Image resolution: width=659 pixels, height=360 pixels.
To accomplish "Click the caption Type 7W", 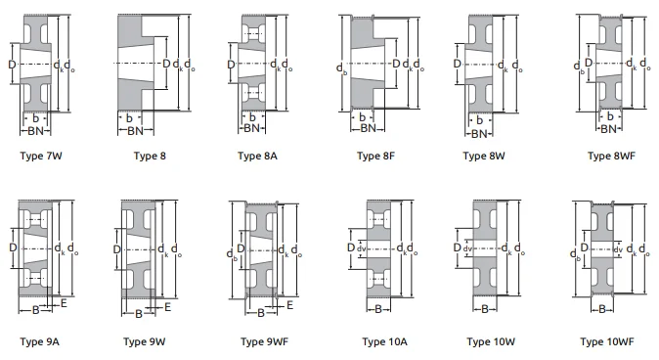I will click(40, 155).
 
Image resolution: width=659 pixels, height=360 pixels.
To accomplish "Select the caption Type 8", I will click(150, 155).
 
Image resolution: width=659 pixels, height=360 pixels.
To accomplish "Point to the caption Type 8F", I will click(376, 155).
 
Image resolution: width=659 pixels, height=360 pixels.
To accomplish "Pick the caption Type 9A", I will click(39, 341).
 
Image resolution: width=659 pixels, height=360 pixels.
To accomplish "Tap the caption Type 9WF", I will click(265, 341).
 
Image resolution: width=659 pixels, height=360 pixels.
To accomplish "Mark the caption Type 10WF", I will click(606, 341).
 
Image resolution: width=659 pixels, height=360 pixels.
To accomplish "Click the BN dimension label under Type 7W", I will click(35, 130).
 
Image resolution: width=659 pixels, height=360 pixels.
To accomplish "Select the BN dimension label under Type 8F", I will click(367, 127).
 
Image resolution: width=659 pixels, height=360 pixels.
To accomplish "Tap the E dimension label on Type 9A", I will click(64, 304).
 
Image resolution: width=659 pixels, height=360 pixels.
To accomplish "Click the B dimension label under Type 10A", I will click(377, 310).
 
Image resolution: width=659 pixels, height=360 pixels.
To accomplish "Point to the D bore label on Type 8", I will click(166, 65).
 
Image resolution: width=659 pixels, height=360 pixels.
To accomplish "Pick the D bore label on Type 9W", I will click(116, 249).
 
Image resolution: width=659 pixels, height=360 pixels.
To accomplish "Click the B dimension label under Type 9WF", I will click(262, 313).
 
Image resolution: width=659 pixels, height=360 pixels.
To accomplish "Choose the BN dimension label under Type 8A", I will click(251, 128).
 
